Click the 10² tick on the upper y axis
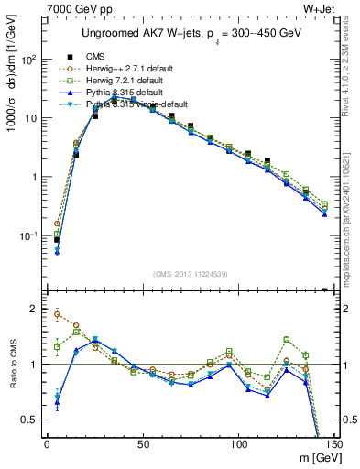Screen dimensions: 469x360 pyautogui.click(x=31, y=60)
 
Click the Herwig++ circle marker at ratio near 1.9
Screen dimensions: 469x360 pyautogui.click(x=57, y=314)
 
